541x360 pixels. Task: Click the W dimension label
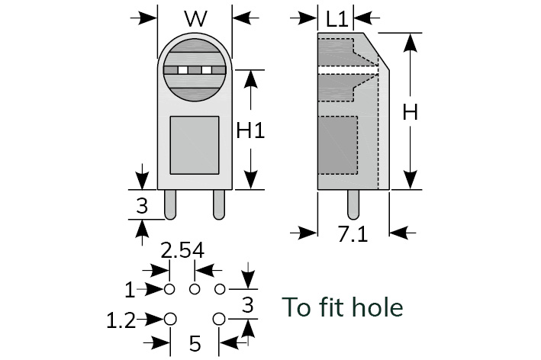point(195,18)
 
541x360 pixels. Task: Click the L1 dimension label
point(337,18)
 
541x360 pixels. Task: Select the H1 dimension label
point(250,131)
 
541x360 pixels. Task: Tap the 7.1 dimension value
point(353,234)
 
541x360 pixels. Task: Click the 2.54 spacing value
point(182,251)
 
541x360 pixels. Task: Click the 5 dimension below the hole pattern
point(195,344)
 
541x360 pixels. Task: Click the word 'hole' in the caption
point(375,307)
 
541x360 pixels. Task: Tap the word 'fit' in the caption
point(329,307)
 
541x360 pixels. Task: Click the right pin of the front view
point(219,204)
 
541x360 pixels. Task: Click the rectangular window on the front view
point(194,144)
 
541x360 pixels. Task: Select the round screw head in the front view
point(195,71)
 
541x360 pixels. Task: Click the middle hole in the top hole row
point(195,289)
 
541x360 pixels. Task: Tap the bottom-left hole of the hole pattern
point(171,318)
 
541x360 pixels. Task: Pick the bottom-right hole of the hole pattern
point(220,318)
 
